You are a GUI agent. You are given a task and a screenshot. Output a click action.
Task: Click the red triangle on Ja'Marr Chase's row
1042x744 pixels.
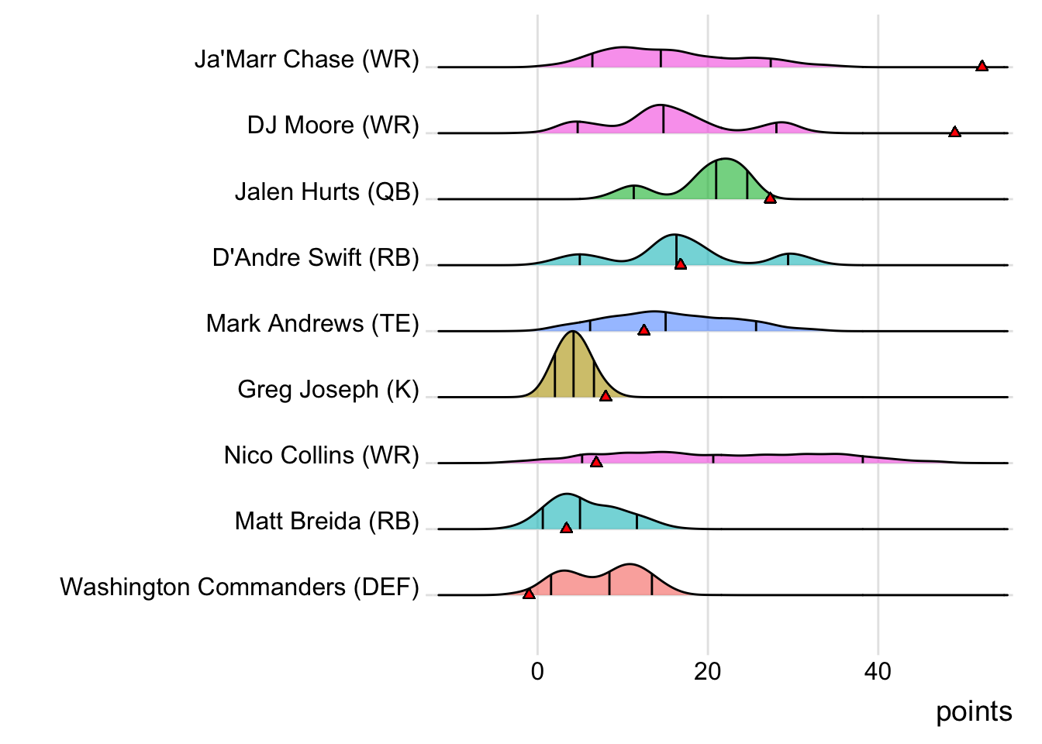click(982, 67)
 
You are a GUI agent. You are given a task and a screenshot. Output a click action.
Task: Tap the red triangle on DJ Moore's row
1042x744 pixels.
click(954, 133)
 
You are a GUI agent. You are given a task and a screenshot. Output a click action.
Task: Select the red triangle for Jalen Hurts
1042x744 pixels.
click(770, 198)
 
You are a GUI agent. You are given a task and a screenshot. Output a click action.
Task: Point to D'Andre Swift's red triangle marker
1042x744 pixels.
click(680, 264)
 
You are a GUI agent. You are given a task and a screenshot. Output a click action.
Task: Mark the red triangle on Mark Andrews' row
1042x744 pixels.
click(643, 330)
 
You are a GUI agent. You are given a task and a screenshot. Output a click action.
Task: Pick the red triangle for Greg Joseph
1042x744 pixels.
click(606, 396)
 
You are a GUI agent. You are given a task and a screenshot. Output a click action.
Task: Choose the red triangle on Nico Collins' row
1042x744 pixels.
click(596, 462)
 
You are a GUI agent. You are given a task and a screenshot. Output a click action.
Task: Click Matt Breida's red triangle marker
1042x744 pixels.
click(566, 528)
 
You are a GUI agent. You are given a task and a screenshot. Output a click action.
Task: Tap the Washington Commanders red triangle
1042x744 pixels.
click(529, 594)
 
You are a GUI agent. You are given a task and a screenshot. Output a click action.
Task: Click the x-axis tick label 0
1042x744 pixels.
click(537, 671)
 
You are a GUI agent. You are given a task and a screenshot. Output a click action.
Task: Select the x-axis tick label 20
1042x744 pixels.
click(707, 671)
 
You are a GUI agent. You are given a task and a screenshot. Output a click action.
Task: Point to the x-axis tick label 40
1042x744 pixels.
click(878, 671)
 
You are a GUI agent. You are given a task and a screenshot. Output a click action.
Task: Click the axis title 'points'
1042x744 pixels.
click(974, 711)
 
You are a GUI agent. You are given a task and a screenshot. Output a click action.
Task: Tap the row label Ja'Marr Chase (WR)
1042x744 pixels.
click(307, 60)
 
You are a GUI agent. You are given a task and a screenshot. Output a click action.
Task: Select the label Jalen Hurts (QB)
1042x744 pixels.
click(327, 191)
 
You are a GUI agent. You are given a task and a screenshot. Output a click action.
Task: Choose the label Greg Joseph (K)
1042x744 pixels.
click(329, 389)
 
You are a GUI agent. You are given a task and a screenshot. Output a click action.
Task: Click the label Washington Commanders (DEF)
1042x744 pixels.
click(240, 587)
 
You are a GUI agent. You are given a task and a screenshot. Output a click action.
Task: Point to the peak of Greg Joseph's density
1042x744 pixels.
click(572, 332)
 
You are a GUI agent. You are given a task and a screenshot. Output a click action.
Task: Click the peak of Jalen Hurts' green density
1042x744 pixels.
click(725, 159)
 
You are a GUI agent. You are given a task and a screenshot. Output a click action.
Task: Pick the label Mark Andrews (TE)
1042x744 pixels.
click(312, 323)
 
